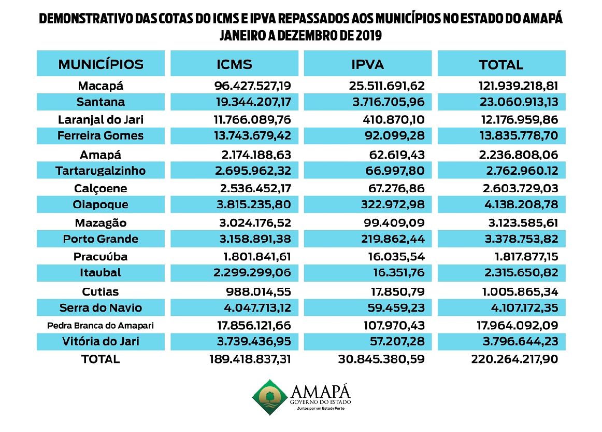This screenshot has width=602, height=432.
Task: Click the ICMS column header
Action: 234,64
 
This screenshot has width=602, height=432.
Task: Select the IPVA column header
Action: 367,64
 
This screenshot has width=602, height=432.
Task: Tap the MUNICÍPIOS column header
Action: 101,64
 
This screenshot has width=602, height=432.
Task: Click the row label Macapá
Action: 101,86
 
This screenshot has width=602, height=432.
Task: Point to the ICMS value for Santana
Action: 253,102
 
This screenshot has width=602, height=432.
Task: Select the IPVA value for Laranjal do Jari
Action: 394,119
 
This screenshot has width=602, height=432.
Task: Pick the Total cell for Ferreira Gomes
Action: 519,136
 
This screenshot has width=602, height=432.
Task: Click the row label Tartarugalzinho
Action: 101,171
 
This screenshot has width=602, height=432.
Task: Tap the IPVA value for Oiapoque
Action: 393,204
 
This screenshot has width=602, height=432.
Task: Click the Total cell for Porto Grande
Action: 521,239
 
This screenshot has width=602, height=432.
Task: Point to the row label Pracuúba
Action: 101,256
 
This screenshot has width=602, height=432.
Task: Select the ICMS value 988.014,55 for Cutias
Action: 259,291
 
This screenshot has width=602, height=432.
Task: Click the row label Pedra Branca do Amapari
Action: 101,326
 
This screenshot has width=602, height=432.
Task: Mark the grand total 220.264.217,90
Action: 514,359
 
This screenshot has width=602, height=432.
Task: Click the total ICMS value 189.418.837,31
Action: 250,359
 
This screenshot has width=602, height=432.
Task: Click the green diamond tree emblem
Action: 270,397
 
